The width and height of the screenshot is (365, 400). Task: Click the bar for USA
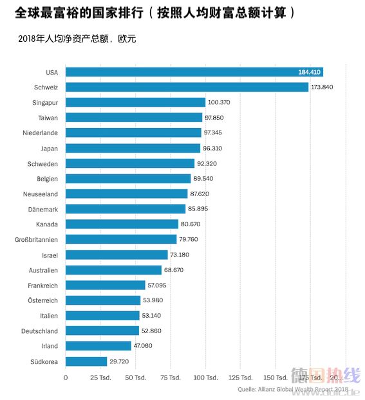point(193,72)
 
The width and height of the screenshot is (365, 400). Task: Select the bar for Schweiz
point(187,87)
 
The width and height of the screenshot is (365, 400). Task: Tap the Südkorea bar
point(86,361)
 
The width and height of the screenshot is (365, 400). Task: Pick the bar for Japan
point(133,148)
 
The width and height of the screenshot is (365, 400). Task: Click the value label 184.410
point(309,72)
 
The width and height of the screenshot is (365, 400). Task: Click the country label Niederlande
point(41,132)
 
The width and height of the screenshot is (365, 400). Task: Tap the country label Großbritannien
point(36,239)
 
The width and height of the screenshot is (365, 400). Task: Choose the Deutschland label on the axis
point(40,331)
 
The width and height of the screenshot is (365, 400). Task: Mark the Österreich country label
point(42,300)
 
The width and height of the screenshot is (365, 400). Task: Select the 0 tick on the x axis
point(66,377)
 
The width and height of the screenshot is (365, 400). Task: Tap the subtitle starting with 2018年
point(78,39)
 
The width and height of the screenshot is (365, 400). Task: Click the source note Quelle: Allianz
point(292,389)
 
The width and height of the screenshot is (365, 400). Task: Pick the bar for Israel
point(117,255)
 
